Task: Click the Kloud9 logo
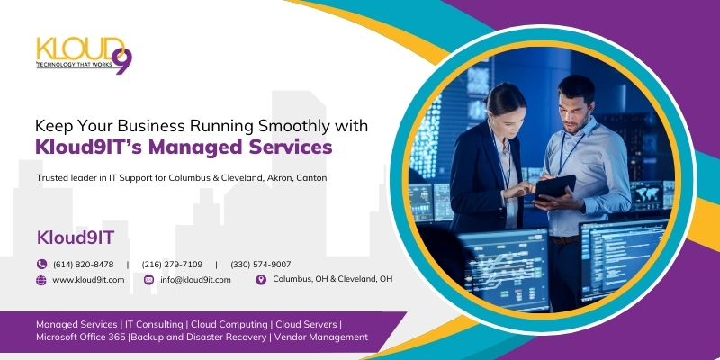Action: [x=85, y=55]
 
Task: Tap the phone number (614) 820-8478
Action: [x=83, y=265]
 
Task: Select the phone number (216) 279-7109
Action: [x=172, y=265]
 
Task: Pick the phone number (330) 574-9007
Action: [x=260, y=265]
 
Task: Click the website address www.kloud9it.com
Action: [x=88, y=280]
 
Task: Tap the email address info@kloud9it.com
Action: [x=195, y=280]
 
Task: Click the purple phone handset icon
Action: [x=41, y=264]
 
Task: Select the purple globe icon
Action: [x=41, y=280]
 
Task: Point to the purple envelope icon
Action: [x=148, y=280]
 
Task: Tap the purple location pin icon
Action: [x=261, y=280]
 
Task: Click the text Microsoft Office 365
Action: [x=80, y=337]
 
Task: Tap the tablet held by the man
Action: [x=555, y=187]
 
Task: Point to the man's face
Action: [x=574, y=110]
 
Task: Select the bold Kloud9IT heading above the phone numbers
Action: [x=76, y=238]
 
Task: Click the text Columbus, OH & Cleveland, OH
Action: [x=332, y=279]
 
